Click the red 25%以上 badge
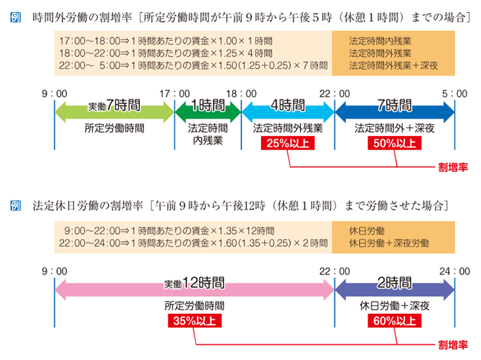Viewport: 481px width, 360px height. point(288,143)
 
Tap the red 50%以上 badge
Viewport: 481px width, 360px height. point(395,143)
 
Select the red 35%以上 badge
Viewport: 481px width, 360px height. point(194,321)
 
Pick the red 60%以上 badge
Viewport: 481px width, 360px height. point(395,321)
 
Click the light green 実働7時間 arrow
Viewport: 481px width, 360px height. point(114,112)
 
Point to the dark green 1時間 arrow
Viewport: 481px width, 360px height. point(208,112)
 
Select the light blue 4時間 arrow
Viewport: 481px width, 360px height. point(288,112)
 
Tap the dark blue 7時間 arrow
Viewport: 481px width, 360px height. point(395,112)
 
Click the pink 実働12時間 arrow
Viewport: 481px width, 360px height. point(194,290)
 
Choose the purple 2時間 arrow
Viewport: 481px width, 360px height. point(395,290)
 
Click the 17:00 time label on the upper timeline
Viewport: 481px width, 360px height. point(175,94)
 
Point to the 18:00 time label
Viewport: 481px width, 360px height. point(241,94)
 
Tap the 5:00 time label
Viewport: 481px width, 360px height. point(455,94)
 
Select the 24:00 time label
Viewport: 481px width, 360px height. point(455,271)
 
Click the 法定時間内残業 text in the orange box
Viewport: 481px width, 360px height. point(380,41)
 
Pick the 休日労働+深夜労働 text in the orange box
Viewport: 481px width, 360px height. point(389,243)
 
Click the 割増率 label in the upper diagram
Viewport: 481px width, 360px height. point(452,167)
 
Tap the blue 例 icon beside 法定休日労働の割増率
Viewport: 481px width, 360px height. point(16,205)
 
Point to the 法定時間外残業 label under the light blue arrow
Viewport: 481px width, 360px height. point(288,128)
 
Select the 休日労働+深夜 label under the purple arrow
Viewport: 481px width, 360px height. point(395,306)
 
